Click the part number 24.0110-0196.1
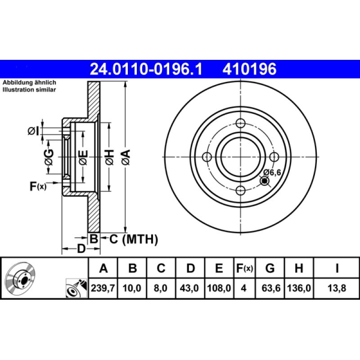tap(146, 69)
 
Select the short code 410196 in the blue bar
tap(248, 69)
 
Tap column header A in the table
tap(103, 269)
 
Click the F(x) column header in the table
tap(245, 269)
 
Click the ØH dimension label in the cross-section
tap(109, 157)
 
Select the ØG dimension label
tap(49, 157)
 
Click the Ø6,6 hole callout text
tap(273, 172)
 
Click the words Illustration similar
tap(29, 90)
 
